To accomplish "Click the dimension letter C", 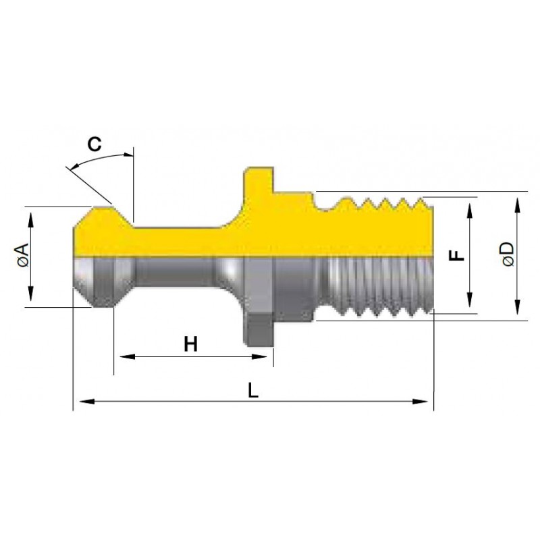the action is click(x=94, y=144).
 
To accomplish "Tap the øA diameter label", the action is click(x=22, y=256).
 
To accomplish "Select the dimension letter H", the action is click(x=191, y=344).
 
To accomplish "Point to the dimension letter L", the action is click(x=254, y=391).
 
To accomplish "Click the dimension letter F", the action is click(x=458, y=255).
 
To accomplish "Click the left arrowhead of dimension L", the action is click(x=87, y=402).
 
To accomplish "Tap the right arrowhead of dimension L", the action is click(x=421, y=402).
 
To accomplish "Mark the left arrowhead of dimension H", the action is click(x=127, y=356).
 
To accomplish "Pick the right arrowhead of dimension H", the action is click(x=260, y=356).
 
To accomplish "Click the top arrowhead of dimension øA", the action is click(x=30, y=220).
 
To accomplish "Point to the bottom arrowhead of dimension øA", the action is click(x=30, y=294).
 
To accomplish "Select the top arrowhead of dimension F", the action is click(x=469, y=211).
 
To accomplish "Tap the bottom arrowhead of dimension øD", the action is click(x=517, y=307).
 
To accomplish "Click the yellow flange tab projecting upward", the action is click(x=259, y=180).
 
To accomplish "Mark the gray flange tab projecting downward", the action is click(x=259, y=330).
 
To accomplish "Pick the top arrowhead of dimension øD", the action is click(x=517, y=205).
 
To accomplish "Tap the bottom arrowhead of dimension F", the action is click(x=469, y=300).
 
